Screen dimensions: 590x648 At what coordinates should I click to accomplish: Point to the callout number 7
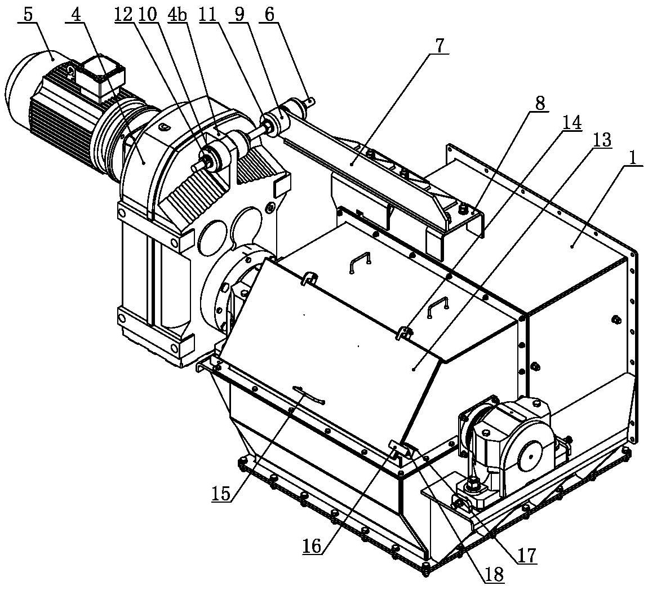[439, 46]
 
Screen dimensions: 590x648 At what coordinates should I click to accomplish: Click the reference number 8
[540, 104]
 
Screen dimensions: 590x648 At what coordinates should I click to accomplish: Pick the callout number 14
[572, 122]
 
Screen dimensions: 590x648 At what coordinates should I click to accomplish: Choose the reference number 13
[601, 140]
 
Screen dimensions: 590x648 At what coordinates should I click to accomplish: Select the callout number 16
[312, 545]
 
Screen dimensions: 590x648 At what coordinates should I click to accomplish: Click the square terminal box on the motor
[101, 77]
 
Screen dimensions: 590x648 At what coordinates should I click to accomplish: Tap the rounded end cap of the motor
[17, 85]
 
